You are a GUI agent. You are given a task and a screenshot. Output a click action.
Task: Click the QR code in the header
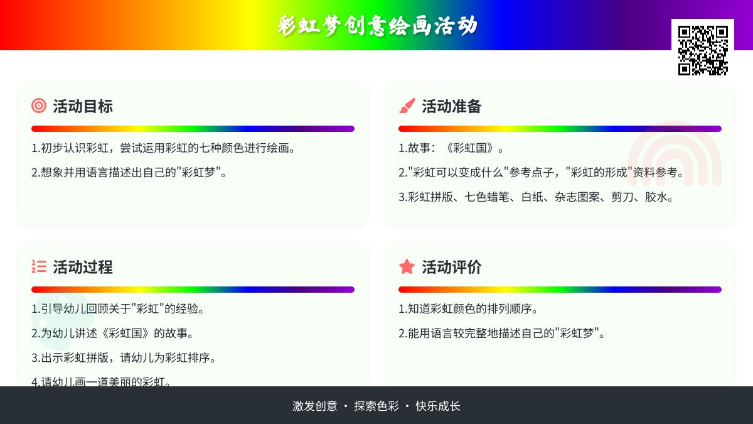point(703,50)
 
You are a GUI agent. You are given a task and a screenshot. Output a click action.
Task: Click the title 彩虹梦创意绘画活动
point(377,26)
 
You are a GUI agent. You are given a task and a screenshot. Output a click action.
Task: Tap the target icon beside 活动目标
point(39,106)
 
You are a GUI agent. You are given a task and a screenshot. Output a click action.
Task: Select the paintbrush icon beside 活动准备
point(407,106)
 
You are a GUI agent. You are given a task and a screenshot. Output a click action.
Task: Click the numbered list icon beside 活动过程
point(39,266)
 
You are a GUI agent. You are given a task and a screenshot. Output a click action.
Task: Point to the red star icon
point(407,266)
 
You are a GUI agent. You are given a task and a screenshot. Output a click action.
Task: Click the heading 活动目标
point(83,106)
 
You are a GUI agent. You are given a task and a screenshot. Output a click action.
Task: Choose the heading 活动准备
point(451,106)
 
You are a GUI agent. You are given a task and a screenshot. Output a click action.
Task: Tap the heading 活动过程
point(83,267)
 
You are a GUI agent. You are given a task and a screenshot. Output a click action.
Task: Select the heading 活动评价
point(451,267)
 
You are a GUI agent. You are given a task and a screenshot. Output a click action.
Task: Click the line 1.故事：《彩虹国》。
point(451,148)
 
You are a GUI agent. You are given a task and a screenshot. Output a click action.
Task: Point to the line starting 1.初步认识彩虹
point(163,148)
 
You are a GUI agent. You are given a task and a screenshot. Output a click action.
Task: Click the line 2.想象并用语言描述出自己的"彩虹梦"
point(129,173)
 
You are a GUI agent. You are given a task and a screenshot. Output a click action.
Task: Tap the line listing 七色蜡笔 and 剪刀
point(536,197)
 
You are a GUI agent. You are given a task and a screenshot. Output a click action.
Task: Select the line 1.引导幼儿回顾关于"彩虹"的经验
point(118,309)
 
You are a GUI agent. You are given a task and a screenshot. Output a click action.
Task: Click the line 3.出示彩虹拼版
point(124,357)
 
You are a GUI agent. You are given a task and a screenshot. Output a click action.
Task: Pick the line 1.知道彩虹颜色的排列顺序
point(468,309)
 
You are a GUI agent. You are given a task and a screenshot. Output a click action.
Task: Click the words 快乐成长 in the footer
point(438,406)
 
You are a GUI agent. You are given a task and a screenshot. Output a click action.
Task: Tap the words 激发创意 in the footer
point(314,406)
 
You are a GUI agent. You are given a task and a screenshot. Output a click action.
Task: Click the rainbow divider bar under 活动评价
point(560,290)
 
